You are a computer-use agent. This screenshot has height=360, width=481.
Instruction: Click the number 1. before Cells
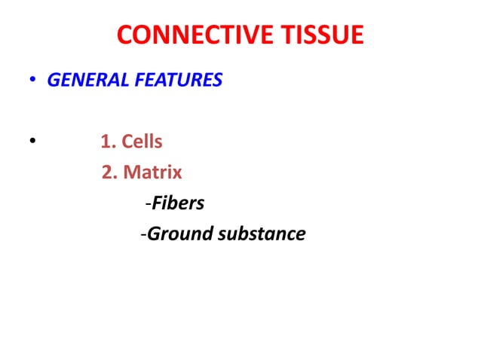109,142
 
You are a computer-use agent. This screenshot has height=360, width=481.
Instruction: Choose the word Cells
142,142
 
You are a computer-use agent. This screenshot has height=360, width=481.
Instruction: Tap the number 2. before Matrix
110,172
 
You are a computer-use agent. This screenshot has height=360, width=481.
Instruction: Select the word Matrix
152,172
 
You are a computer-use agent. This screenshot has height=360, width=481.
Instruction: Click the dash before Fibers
149,204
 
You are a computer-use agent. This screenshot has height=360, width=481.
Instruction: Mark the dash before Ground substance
143,235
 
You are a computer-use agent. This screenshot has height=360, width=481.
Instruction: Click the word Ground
180,234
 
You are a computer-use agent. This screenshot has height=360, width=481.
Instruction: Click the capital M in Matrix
131,172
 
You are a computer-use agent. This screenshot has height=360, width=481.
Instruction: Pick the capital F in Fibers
157,203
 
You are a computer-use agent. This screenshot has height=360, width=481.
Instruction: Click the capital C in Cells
128,142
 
